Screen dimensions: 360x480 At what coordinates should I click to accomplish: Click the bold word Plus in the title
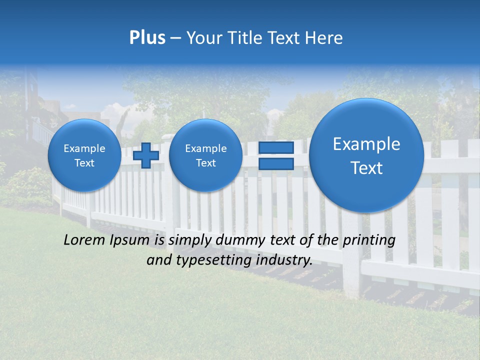pyautogui.click(x=147, y=38)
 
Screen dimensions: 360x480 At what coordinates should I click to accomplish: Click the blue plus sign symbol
pyautogui.click(x=146, y=155)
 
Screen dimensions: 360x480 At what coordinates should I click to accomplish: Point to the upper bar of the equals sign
pyautogui.click(x=275, y=147)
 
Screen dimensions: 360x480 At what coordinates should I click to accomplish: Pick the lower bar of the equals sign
pyautogui.click(x=275, y=164)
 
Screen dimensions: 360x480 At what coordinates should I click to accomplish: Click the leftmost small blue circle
pyautogui.click(x=84, y=155)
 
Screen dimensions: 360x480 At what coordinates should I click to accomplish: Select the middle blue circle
pyautogui.click(x=205, y=155)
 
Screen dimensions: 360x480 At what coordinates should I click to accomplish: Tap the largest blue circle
pyautogui.click(x=366, y=155)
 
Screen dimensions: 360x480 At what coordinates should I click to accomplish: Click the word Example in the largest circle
pyautogui.click(x=366, y=144)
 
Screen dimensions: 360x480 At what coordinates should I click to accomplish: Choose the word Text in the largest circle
pyautogui.click(x=366, y=168)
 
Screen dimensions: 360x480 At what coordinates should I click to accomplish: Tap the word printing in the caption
pyautogui.click(x=368, y=240)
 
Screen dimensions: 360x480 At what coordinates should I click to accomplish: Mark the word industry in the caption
pyautogui.click(x=284, y=260)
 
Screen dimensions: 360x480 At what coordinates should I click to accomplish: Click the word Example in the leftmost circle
pyautogui.click(x=84, y=148)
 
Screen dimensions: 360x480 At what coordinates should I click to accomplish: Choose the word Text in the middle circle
pyautogui.click(x=205, y=163)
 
